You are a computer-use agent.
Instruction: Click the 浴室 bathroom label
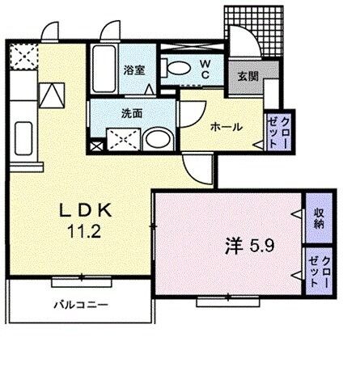coord(133,70)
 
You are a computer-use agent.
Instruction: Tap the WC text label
coord(205,68)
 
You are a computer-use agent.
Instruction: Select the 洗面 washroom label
coord(132,113)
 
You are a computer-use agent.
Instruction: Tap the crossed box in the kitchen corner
coord(22,57)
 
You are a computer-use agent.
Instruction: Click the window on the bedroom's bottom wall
coord(220,301)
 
